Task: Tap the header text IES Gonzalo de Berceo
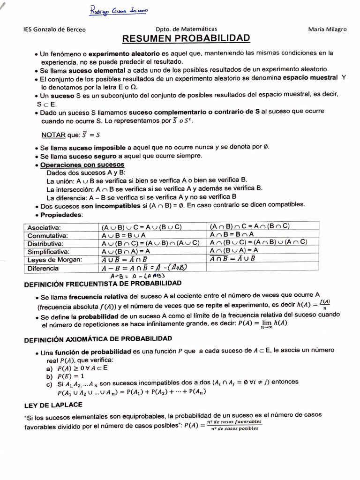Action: tap(54, 29)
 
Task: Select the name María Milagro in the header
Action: tap(327, 29)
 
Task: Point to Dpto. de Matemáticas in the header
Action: tap(186, 29)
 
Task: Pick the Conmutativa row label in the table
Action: tap(47, 235)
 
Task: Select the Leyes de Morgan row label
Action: tap(54, 260)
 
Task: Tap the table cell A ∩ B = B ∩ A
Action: tap(232, 234)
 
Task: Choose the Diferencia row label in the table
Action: tap(43, 268)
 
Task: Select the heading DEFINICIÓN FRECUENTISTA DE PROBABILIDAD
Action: tap(102, 284)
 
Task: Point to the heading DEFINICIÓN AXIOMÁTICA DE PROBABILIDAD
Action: tap(97, 338)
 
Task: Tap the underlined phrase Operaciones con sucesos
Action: tap(82, 165)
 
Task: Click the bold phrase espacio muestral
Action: tap(310, 77)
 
